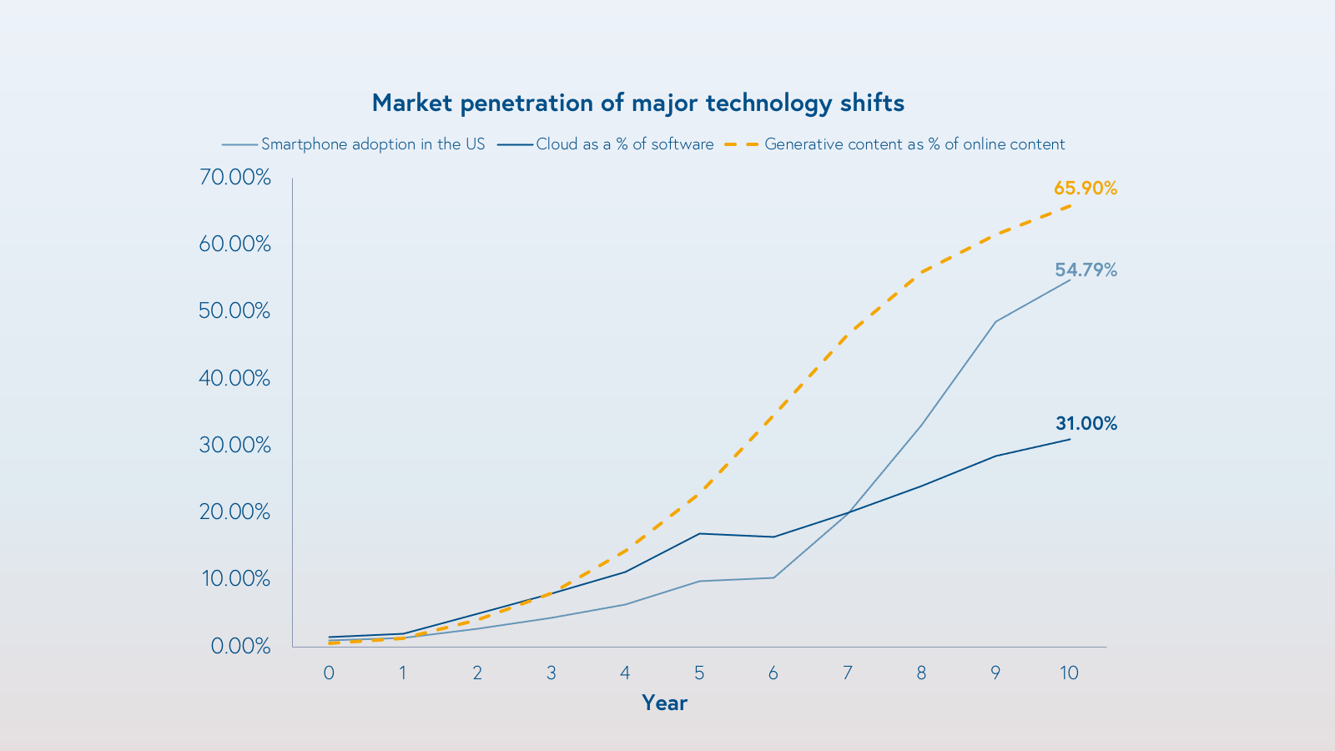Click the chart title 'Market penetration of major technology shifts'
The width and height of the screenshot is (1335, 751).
point(638,103)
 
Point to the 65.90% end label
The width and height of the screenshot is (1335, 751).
point(1085,189)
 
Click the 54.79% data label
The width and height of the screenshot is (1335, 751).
point(1085,270)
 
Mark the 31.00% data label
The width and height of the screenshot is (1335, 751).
point(1086,423)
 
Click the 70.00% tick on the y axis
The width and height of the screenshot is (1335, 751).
point(235,177)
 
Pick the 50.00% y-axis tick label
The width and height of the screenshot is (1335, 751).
point(235,311)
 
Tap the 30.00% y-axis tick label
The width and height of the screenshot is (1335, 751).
point(235,445)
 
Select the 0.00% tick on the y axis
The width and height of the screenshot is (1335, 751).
point(240,646)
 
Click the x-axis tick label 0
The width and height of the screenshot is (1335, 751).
point(329,673)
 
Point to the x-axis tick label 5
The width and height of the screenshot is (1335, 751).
point(699,673)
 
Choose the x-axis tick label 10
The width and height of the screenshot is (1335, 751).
point(1069,673)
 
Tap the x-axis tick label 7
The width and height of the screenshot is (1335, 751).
point(847,673)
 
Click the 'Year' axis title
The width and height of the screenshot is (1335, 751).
point(664,703)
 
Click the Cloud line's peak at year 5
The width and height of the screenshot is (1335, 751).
point(699,533)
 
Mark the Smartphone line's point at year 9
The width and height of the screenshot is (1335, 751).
point(995,321)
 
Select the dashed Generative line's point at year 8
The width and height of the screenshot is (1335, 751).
point(921,272)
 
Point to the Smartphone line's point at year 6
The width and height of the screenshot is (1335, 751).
point(773,577)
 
